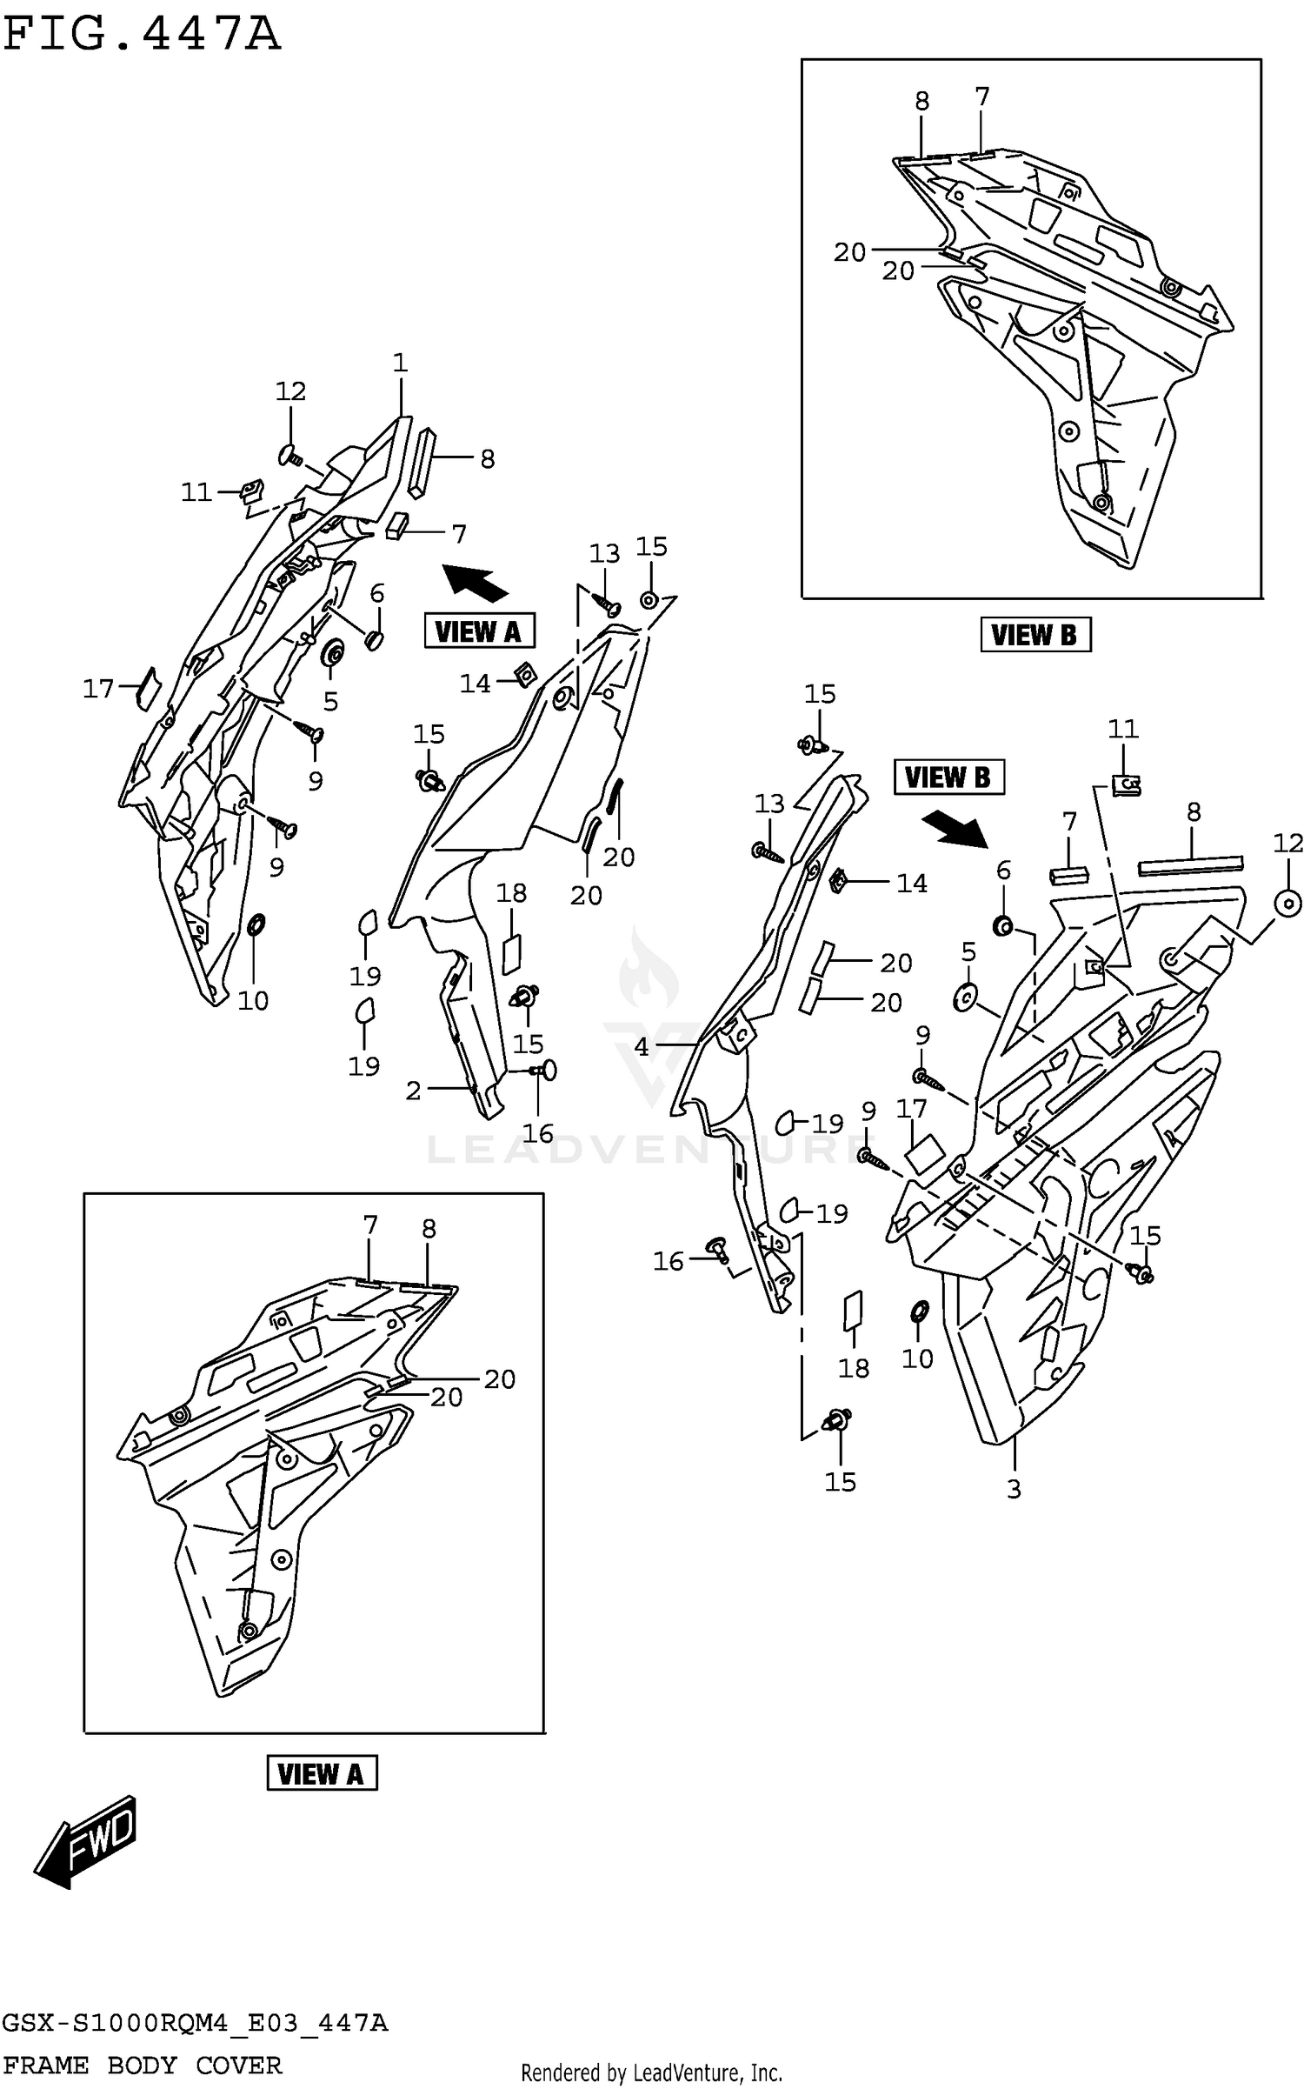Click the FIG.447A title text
coord(142,35)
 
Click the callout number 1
coord(400,363)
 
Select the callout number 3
coord(1014,1490)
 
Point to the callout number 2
coord(413,1091)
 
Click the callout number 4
coord(642,1046)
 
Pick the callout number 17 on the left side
coord(98,689)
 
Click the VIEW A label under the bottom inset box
coord(321,1772)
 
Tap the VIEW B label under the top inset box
coord(1035,634)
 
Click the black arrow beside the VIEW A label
coord(476,582)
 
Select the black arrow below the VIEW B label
coord(955,828)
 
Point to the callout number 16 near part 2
coord(538,1133)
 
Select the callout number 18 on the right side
coord(853,1368)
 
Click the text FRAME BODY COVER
coord(142,2065)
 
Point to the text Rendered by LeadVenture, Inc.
coord(651,2073)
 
